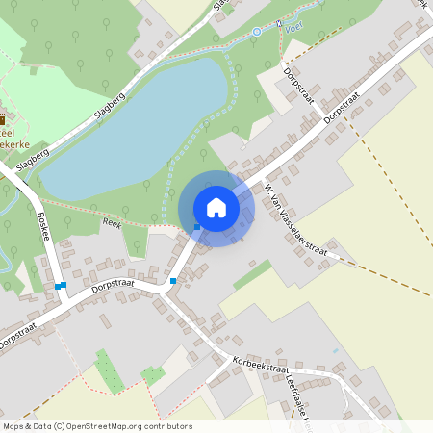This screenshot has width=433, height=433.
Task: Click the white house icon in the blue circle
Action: coord(216,208)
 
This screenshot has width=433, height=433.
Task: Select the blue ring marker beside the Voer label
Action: coord(256,32)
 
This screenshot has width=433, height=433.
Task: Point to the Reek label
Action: coord(112,222)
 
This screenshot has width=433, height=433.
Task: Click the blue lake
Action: coord(144,125)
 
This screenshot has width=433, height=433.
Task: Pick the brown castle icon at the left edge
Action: coord(3,119)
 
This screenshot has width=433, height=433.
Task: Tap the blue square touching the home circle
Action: coord(196,227)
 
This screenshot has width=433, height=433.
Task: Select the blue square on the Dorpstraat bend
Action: coord(173,281)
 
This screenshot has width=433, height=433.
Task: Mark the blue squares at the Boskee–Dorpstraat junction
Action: coord(60,286)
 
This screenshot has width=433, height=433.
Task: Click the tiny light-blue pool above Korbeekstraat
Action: coord(335,351)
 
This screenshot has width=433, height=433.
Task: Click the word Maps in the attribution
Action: coord(13,425)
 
